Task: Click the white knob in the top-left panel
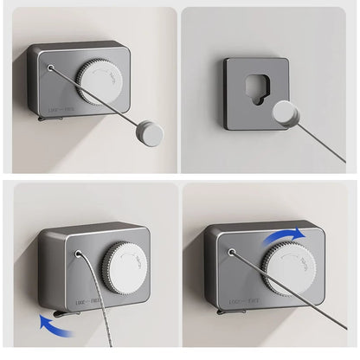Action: pos(106,83)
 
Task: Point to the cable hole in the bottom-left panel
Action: pos(80,256)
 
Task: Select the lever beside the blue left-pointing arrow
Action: pos(68,310)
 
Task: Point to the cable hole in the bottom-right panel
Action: pos(232,254)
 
